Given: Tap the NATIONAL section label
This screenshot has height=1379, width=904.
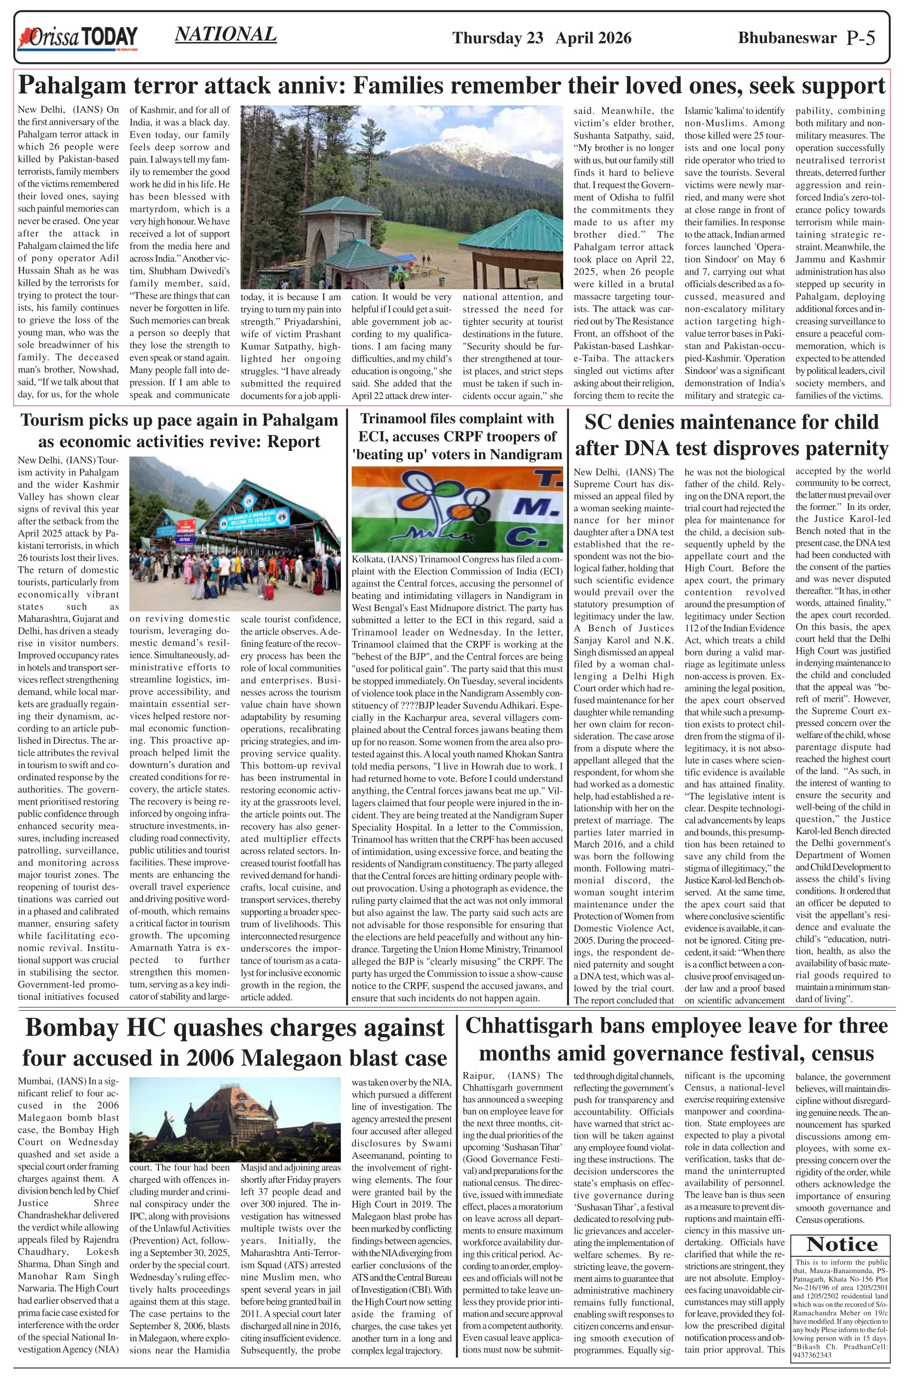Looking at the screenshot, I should (225, 35).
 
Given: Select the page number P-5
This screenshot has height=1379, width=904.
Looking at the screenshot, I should (860, 38).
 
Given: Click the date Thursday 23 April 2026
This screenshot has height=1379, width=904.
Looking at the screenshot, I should (541, 38).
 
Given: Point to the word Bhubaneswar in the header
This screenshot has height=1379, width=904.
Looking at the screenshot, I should (787, 38).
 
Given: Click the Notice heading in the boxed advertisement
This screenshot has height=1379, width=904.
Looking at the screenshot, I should (842, 1243).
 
